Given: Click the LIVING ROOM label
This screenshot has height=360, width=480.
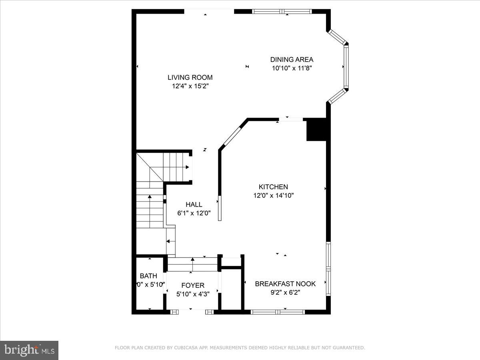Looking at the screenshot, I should point(190,78).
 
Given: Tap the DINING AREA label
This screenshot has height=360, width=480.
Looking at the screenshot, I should point(292,60).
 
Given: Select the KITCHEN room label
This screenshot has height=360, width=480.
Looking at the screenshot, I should point(273,187).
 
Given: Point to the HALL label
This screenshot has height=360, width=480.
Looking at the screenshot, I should point(194,204).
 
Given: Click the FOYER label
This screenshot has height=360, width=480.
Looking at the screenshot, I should point(193,285).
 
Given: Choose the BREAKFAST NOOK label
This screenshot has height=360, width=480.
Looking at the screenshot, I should point(285,284).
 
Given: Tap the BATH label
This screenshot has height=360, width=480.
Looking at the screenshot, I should point(148,276).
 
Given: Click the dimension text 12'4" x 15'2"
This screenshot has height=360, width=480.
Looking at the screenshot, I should point(190,86).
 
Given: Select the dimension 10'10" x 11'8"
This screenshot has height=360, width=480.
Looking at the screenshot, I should point(292,68).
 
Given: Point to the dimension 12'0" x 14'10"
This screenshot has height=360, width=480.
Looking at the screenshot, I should point(273,196).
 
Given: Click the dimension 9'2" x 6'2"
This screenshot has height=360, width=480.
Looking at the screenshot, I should point(285,292).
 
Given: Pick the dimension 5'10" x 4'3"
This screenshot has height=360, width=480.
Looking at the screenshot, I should point(193,294).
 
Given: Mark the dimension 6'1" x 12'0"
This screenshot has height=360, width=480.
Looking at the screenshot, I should point(194,213).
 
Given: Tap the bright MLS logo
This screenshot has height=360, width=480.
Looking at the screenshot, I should point(29,350).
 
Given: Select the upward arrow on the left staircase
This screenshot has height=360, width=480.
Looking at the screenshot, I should point(150,196).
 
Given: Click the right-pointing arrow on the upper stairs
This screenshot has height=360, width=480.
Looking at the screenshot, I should point(186,167).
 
